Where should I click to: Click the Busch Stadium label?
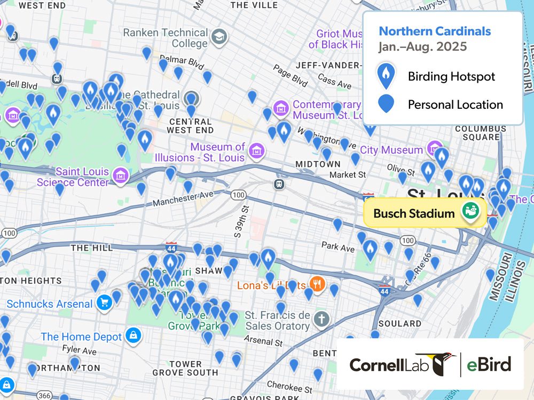(x=414, y=214)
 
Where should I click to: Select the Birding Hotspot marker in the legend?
(x=386, y=76)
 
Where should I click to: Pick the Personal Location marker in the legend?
(x=386, y=104)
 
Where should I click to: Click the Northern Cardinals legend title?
(x=435, y=31)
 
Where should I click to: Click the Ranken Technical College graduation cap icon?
(x=219, y=37)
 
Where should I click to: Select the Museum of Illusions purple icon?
(x=257, y=149)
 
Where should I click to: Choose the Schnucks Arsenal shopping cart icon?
(x=104, y=303)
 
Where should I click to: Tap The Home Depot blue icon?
(x=133, y=336)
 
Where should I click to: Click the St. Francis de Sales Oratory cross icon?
(x=321, y=319)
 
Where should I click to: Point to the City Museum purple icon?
(x=435, y=149)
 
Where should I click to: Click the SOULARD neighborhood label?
(x=399, y=324)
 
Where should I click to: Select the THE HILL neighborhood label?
(x=92, y=248)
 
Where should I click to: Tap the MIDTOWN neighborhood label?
(x=310, y=164)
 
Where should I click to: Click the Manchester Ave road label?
(x=183, y=198)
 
